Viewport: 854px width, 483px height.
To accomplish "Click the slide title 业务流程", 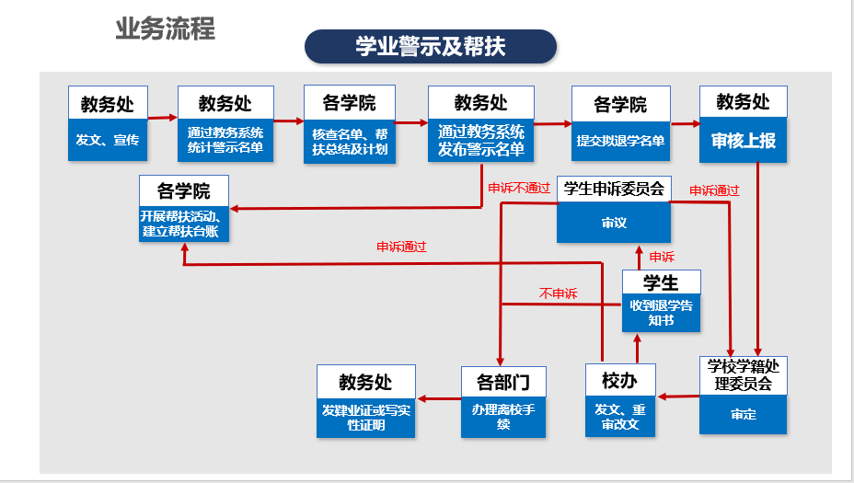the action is [165, 29].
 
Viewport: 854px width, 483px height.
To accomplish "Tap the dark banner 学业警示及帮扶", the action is [431, 46].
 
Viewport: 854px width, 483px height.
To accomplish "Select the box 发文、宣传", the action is [108, 140].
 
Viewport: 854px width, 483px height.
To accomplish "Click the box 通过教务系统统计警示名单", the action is [225, 140].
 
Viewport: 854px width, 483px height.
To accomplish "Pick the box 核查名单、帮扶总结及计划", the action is [350, 142].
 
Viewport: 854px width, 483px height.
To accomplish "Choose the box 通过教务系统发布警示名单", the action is [481, 141].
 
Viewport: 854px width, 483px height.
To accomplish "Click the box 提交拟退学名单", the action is [620, 141].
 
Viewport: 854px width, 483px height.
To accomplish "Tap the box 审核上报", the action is [743, 141].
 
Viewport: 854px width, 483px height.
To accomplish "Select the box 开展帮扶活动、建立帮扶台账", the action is [183, 224].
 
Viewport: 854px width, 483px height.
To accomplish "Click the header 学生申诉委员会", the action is [614, 189].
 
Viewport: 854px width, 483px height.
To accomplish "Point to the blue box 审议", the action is [614, 223].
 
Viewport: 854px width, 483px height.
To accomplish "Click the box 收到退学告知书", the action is [661, 313].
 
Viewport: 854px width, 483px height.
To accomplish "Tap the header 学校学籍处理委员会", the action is [743, 375].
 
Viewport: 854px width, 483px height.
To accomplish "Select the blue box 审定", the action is [743, 414].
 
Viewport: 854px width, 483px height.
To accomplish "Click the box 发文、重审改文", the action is [620, 417].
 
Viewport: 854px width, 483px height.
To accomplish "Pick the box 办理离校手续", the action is [503, 417].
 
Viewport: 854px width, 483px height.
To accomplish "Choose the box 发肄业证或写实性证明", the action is [365, 418].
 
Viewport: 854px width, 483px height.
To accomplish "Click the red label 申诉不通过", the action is [519, 189].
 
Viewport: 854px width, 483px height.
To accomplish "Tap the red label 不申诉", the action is [559, 294].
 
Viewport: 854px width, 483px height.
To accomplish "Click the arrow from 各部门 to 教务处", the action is [439, 399].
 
